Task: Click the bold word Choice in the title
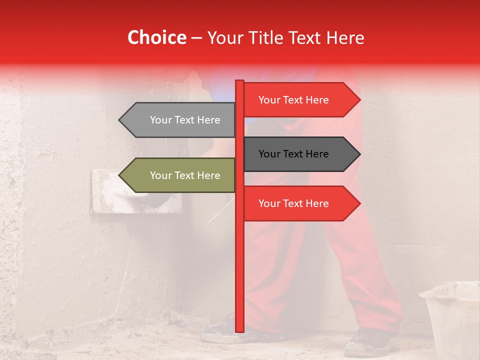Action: [x=156, y=37]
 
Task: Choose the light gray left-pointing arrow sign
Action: [x=180, y=120]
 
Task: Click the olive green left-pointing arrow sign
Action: [x=180, y=175]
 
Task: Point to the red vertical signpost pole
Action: [x=239, y=250]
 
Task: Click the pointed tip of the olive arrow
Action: [x=119, y=175]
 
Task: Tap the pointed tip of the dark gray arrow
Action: [x=359, y=154]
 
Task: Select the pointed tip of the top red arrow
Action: [x=359, y=99]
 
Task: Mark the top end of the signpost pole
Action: [x=239, y=81]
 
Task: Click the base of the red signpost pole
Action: [x=239, y=330]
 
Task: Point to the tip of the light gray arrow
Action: [x=119, y=120]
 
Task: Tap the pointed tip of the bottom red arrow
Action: [x=359, y=203]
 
